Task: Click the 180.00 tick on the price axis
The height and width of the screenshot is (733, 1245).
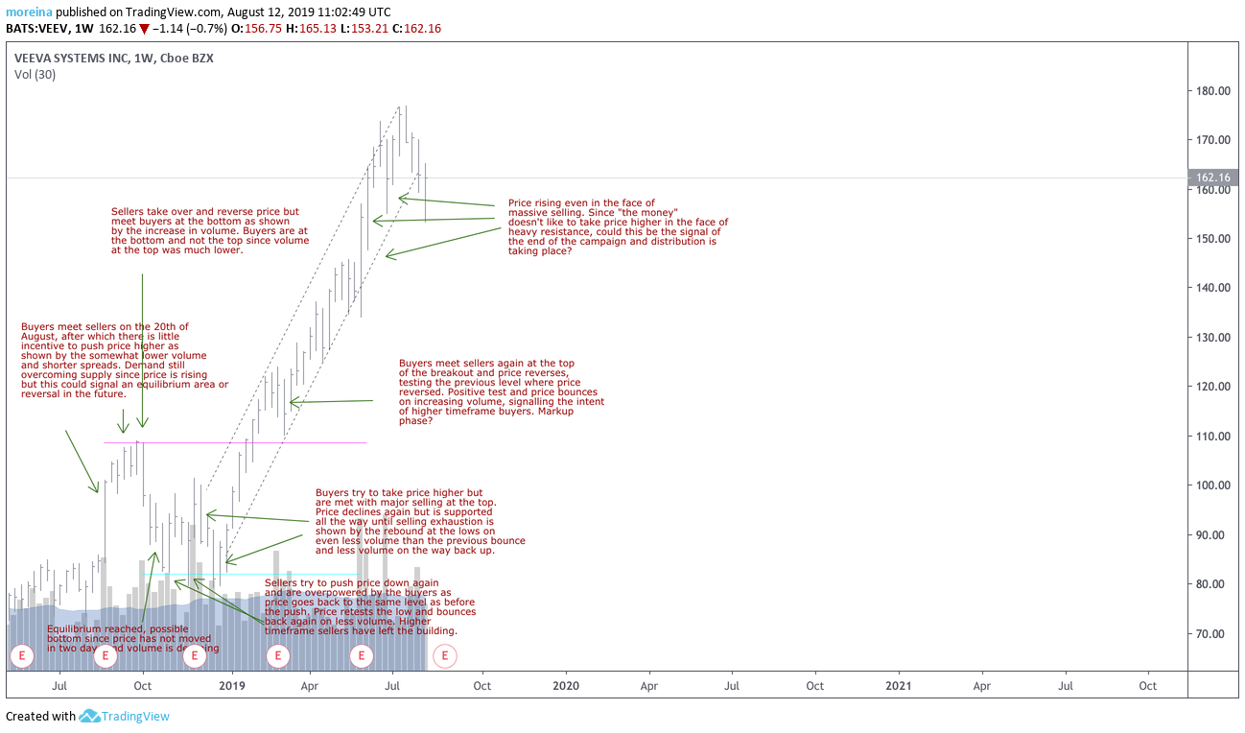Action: coord(1212,91)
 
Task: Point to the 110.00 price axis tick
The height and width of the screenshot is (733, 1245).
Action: coord(1212,436)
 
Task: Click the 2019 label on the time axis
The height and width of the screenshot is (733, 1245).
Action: coord(232,686)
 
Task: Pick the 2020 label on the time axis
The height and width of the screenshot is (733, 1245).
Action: coord(566,686)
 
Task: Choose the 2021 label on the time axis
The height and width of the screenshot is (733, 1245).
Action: coord(899,686)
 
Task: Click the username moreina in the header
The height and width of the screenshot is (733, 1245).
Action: coord(30,12)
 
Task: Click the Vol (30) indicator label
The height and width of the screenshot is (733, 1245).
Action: coord(35,74)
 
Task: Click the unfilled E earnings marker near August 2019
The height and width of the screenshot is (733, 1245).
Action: coord(445,656)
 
